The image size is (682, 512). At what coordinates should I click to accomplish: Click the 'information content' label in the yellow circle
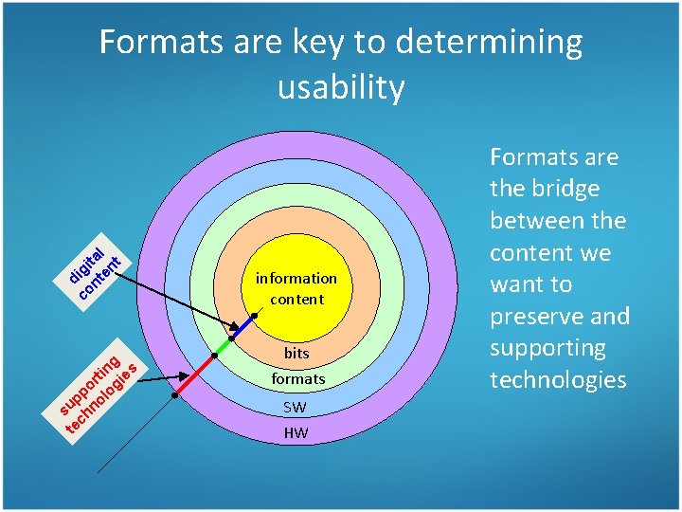pyautogui.click(x=296, y=288)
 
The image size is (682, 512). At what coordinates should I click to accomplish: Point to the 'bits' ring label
pyautogui.click(x=296, y=354)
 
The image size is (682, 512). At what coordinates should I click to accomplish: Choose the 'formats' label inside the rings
pyautogui.click(x=298, y=378)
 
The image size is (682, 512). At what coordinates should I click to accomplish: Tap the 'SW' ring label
pyautogui.click(x=296, y=408)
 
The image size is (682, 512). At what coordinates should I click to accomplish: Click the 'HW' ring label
pyautogui.click(x=296, y=433)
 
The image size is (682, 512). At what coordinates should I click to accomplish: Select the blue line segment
pyautogui.click(x=243, y=327)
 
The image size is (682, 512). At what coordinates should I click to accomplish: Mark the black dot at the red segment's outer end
pyautogui.click(x=174, y=396)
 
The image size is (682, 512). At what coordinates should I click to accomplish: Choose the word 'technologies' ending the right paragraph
pyautogui.click(x=558, y=380)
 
